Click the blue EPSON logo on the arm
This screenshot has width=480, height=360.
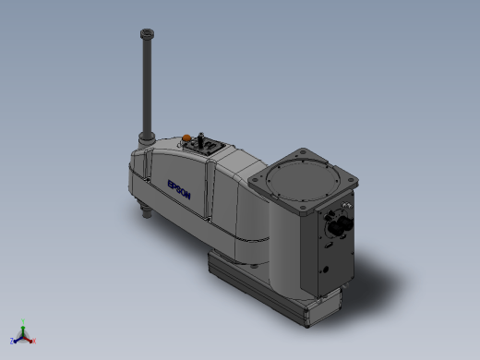click(179, 189)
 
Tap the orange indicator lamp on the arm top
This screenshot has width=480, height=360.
click(186, 138)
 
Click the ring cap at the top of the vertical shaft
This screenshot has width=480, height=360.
click(147, 33)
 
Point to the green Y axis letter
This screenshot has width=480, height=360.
click(23, 321)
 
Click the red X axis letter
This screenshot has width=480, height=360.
click(34, 341)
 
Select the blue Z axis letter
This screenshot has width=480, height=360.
click(12, 341)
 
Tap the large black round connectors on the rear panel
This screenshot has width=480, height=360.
click(341, 225)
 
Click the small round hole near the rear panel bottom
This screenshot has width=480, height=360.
click(325, 270)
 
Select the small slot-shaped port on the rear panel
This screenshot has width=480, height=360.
click(329, 246)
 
